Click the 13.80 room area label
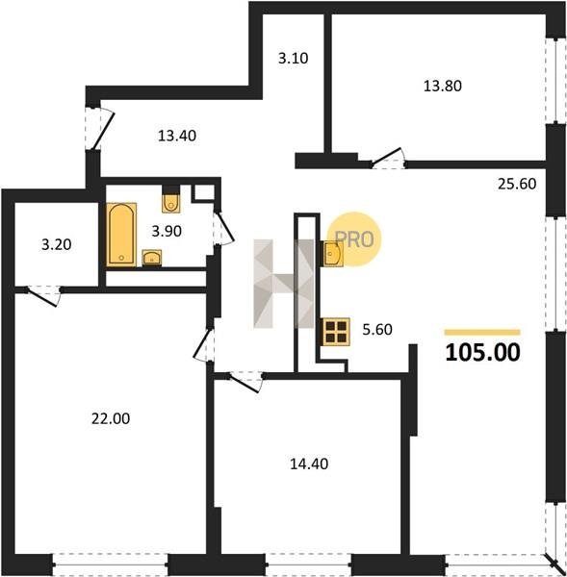coord(443,87)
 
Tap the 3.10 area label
coord(293,59)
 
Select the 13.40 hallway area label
coord(177,137)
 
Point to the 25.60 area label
coord(517,184)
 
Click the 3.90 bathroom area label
coord(167,232)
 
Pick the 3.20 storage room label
coord(56,244)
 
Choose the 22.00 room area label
coord(111,418)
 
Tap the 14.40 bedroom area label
coord(309,464)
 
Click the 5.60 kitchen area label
coord(377,329)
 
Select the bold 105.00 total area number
coord(482,353)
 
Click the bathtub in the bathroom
coord(121,235)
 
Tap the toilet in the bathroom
coord(171,203)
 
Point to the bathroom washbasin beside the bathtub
coord(152,257)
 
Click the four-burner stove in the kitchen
coord(336,332)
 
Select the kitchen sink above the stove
coord(333,253)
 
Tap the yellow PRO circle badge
coord(354,238)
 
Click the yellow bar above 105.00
coord(482,333)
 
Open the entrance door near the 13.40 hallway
coord(99,129)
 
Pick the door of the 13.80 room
coord(388,159)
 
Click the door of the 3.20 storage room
coord(43,296)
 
